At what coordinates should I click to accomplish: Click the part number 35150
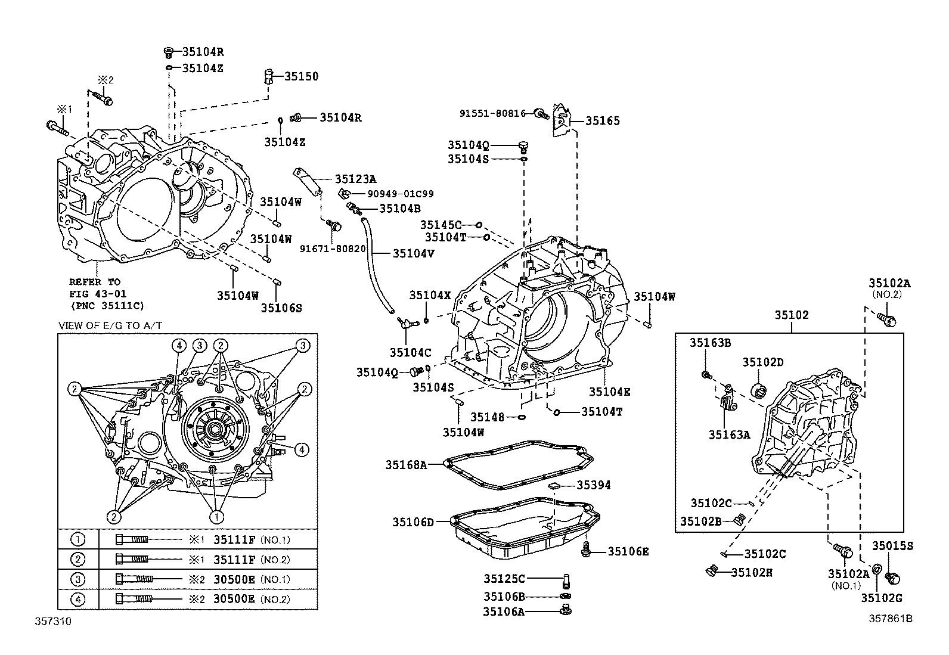tap(301, 76)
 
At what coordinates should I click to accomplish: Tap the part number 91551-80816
tap(492, 113)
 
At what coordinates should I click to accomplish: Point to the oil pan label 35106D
tap(413, 522)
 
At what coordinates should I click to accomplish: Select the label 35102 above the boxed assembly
tap(792, 315)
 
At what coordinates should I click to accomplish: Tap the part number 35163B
tap(711, 342)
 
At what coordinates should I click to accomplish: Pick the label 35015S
tap(893, 545)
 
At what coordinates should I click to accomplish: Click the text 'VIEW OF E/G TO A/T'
tap(111, 325)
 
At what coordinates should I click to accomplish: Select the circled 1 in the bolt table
tap(77, 539)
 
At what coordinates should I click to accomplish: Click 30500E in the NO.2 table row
tap(234, 599)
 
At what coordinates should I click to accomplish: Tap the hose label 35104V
tap(413, 253)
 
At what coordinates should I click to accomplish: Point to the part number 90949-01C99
tap(401, 194)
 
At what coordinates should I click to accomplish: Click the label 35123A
tap(355, 179)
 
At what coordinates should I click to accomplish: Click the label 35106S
tap(281, 308)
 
